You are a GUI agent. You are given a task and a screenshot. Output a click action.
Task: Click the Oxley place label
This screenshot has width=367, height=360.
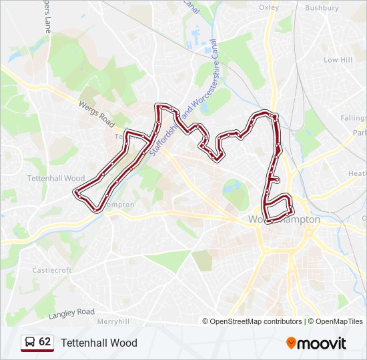[x=268, y=8]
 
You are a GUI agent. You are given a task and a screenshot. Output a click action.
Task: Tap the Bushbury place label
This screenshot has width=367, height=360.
[x=322, y=8]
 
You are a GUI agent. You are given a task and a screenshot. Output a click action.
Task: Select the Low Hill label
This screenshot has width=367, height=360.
[x=338, y=60]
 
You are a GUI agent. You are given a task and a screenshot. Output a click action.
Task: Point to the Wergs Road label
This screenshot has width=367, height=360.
[x=97, y=111]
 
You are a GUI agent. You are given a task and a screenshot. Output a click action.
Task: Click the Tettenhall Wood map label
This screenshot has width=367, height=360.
[x=56, y=179]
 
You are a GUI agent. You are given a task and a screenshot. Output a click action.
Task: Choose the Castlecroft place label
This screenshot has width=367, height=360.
[x=51, y=270]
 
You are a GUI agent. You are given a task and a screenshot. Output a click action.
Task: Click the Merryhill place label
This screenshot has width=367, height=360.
[x=113, y=321]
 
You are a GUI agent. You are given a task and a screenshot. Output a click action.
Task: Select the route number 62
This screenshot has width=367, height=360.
[x=45, y=342]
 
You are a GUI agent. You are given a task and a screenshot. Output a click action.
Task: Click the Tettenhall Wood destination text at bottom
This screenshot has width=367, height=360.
[x=99, y=343]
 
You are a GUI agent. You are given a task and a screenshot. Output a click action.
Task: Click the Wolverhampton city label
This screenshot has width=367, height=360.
[x=284, y=219]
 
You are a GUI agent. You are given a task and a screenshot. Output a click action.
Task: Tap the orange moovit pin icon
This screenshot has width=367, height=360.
[x=291, y=343]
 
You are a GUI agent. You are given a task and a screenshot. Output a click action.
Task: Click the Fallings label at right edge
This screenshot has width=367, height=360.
[x=353, y=118]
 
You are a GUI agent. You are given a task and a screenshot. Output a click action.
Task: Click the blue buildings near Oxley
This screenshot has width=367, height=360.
[x=197, y=33]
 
